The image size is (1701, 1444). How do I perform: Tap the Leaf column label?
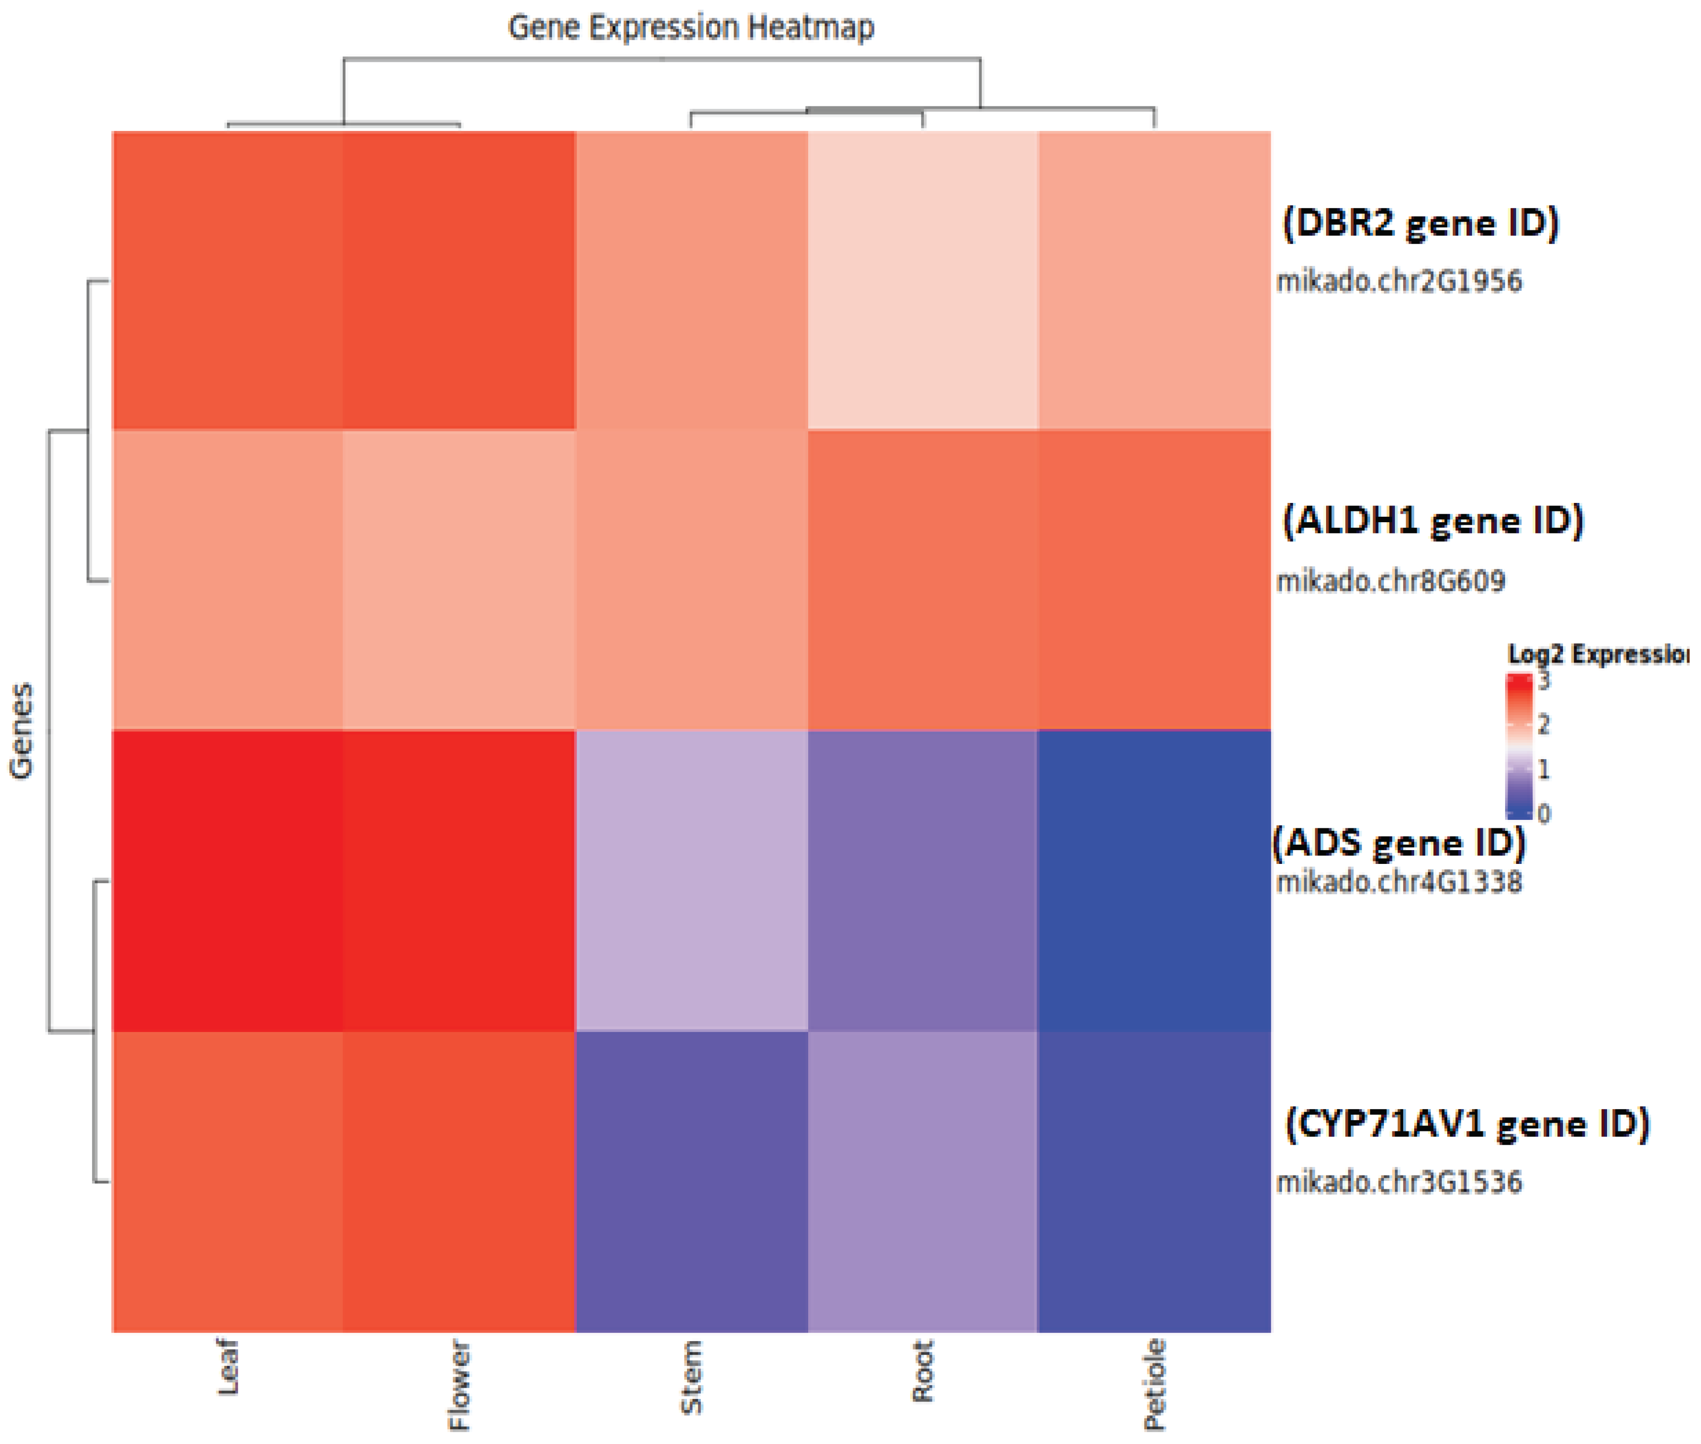point(228,1366)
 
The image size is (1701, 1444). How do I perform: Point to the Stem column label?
point(691,1376)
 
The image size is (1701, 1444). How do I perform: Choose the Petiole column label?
point(1154,1384)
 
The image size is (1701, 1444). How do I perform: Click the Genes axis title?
point(22,730)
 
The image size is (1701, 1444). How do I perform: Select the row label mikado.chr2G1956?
point(1398,281)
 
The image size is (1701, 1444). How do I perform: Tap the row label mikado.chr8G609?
point(1390,581)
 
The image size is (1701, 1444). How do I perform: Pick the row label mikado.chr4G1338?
point(1398,882)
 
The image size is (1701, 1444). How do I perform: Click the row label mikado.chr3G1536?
point(1398,1182)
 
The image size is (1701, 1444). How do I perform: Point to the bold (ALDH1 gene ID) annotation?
point(1432,521)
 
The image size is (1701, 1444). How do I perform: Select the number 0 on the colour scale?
point(1544,813)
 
